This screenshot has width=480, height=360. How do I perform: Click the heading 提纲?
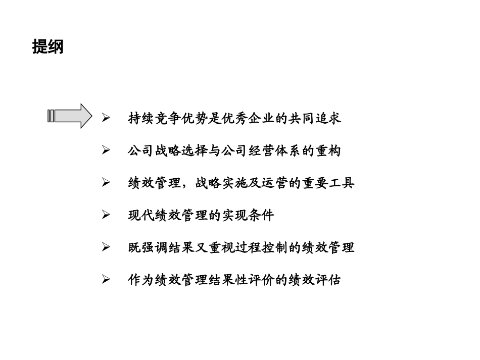[47, 47]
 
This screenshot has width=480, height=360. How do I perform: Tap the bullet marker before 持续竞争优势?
[106, 118]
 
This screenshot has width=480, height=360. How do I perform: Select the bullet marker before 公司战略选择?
[106, 150]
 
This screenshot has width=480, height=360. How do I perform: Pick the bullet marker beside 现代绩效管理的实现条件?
[106, 215]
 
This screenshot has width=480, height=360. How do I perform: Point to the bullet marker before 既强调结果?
[106, 247]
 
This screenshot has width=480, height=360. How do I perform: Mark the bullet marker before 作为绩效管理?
[106, 279]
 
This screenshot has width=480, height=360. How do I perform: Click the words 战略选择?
[181, 151]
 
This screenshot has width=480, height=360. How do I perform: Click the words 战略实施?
[221, 183]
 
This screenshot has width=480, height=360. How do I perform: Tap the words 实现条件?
[248, 216]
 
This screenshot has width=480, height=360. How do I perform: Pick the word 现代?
[141, 216]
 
